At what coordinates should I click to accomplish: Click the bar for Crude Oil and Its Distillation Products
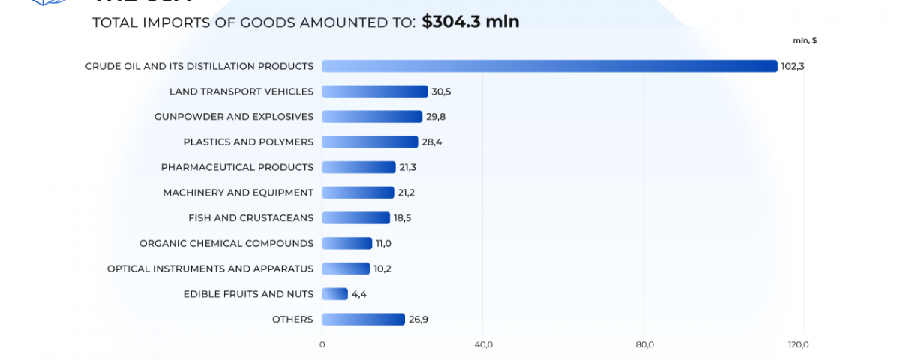tap(549, 66)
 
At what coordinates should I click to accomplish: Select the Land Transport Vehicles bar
tap(374, 91)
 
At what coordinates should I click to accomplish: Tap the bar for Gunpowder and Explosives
tap(372, 117)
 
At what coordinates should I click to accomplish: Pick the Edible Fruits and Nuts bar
tap(334, 294)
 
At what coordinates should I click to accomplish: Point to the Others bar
tap(363, 319)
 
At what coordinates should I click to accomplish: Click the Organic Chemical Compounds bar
tap(346, 243)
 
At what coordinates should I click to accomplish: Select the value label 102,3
tap(793, 66)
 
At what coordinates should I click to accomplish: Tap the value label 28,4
tap(432, 142)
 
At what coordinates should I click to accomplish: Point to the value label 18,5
tap(403, 218)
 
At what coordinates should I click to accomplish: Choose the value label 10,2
tap(383, 268)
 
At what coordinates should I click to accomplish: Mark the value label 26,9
tap(418, 319)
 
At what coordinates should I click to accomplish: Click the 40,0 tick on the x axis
tap(484, 344)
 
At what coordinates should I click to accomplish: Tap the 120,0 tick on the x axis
tap(799, 344)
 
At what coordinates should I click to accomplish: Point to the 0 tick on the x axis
tap(322, 344)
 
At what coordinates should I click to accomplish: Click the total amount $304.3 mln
tap(470, 22)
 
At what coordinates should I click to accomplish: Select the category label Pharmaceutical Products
tap(237, 167)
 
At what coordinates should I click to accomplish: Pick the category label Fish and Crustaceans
tap(250, 218)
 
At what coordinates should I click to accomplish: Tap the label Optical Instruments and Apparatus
tap(210, 268)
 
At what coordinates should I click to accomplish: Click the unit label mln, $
tap(805, 40)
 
